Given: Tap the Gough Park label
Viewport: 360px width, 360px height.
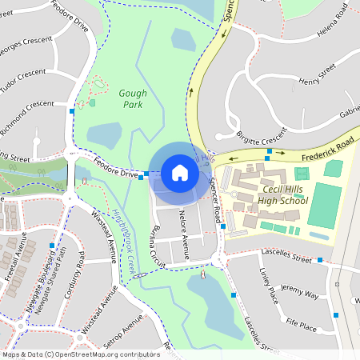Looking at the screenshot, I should pos(133,98).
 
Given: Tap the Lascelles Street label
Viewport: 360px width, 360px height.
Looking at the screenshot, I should pos(286,256).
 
